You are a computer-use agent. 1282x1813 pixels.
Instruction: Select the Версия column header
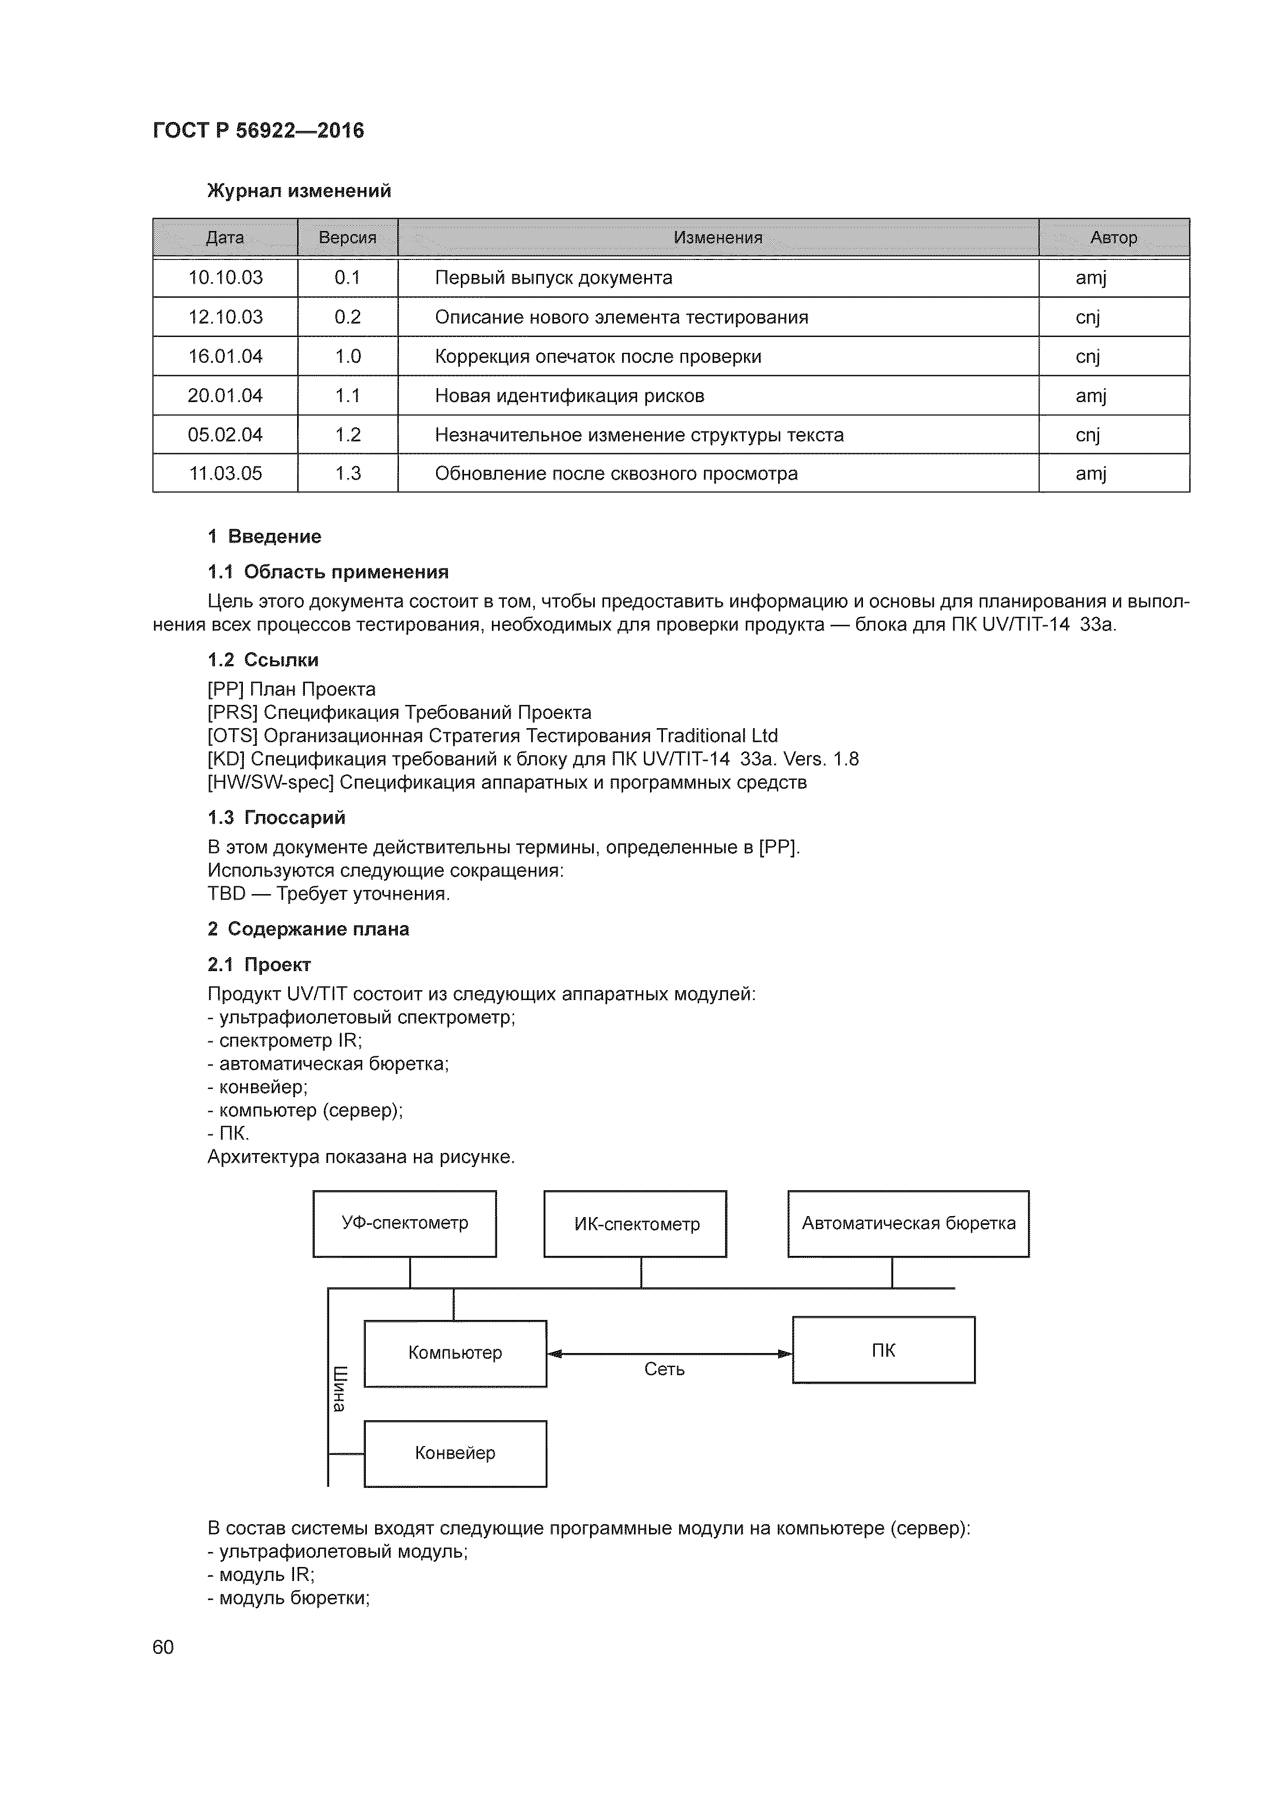tap(347, 238)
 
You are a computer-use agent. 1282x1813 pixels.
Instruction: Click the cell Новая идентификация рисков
tap(569, 395)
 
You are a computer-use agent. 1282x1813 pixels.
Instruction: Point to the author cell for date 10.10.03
tap(1091, 278)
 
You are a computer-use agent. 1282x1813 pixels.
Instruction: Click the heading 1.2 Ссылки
tap(263, 660)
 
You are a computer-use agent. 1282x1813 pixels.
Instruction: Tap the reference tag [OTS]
tap(233, 736)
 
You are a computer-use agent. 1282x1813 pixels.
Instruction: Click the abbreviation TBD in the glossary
tap(226, 894)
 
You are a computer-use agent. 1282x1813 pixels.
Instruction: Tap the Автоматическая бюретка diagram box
tap(908, 1223)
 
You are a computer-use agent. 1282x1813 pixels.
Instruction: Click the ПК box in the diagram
tap(884, 1350)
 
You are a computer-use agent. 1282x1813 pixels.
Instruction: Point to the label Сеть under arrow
tap(664, 1369)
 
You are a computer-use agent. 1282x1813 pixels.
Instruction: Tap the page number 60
tap(163, 1647)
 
